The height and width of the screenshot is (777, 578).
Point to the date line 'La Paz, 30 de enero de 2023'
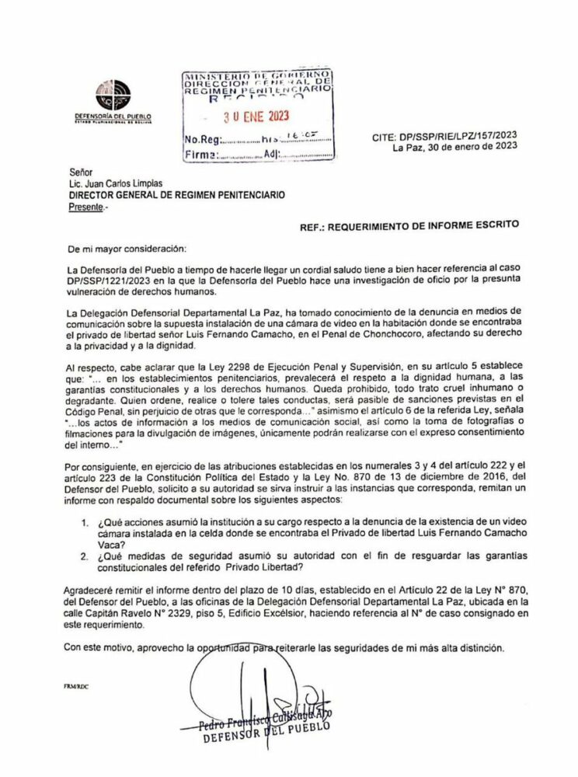pos(455,146)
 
